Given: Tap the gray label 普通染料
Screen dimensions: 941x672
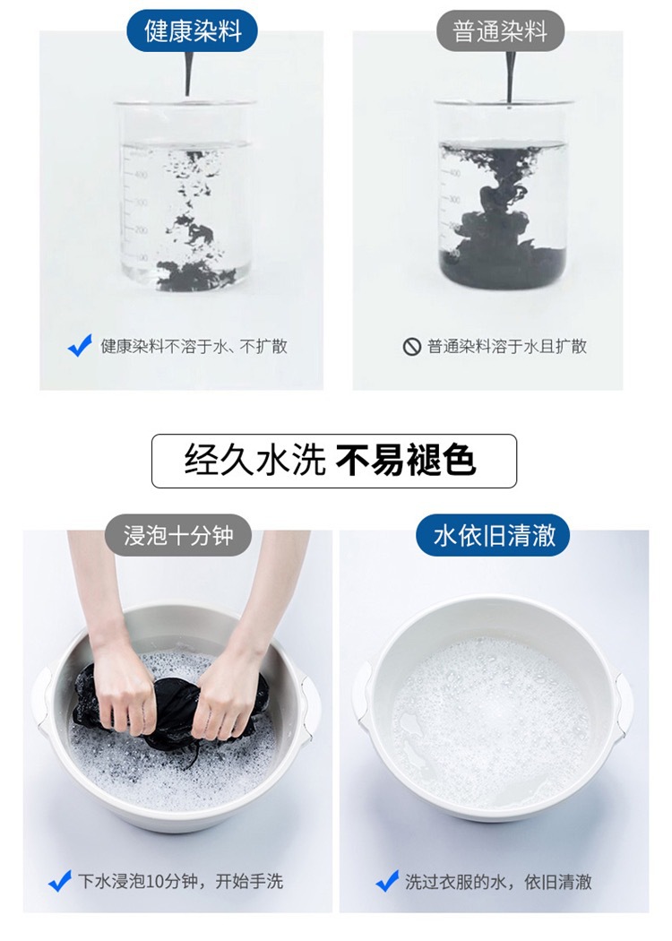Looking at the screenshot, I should (x=499, y=31).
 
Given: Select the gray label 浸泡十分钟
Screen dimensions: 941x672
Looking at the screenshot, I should (x=177, y=536).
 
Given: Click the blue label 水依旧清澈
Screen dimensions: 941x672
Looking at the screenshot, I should (x=494, y=536).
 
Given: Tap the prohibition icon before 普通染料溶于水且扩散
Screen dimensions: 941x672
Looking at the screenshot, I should (x=411, y=347).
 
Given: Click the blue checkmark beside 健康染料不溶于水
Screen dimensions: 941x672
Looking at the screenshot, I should (x=81, y=346).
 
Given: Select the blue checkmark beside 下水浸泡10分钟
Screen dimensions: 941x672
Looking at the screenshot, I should (x=59, y=881).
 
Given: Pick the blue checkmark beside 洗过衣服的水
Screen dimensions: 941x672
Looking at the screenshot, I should (x=386, y=881).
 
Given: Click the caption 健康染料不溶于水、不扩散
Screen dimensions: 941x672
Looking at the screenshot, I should (x=194, y=347).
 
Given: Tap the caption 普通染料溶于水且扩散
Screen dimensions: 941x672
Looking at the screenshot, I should (x=507, y=347).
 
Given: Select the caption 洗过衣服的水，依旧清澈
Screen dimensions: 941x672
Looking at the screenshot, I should (x=497, y=882).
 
